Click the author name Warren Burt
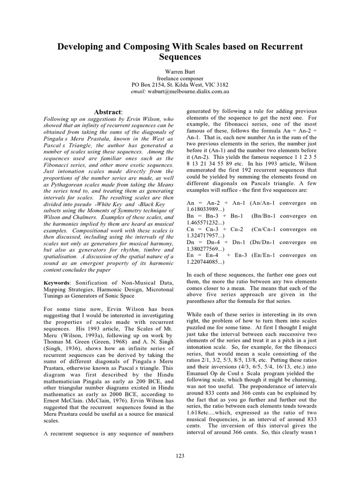(180, 71)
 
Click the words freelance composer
(180, 78)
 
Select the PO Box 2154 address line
(180, 85)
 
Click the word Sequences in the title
(180, 57)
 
